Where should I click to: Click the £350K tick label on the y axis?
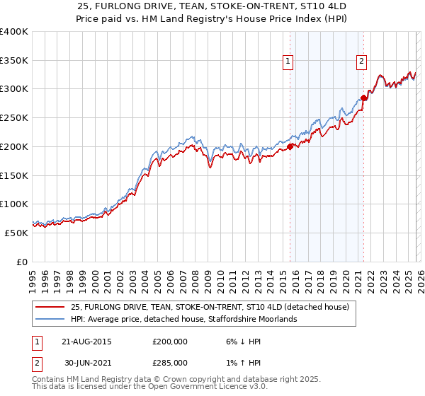click(14, 61)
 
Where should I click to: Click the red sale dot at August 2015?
click(290, 147)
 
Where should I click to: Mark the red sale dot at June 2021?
click(363, 98)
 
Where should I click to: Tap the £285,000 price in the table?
click(169, 362)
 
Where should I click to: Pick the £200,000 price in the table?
click(169, 341)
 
